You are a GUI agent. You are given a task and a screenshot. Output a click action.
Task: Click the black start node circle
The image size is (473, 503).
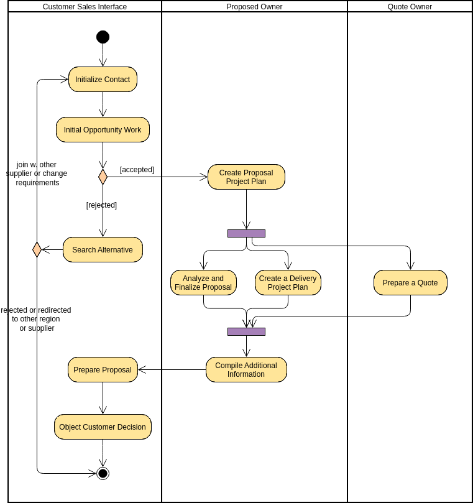coord(103,37)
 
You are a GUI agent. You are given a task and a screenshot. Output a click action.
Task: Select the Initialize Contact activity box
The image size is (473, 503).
coord(103,80)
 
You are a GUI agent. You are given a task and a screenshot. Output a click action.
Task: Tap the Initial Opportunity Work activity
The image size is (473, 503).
coord(103,130)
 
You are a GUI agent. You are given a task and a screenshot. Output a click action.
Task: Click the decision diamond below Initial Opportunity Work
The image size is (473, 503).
coord(103,177)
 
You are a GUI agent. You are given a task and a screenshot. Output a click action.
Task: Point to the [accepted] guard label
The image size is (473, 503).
coord(137,170)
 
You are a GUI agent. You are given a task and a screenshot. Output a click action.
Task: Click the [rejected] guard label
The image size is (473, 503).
coord(101,205)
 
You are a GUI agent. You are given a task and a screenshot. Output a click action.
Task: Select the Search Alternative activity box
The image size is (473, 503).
coord(103,250)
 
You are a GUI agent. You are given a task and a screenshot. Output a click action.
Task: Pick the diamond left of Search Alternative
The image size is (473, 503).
coord(37,250)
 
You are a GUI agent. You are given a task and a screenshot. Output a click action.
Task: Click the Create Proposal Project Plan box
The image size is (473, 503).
coord(246,177)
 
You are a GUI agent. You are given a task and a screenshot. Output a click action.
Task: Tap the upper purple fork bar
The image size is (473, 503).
coord(246,234)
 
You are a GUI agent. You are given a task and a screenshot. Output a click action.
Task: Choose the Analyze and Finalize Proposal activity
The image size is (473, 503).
coord(203,283)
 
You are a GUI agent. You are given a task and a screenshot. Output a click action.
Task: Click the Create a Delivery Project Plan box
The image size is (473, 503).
coord(288,283)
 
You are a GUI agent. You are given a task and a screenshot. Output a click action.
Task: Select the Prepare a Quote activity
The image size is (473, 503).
coord(410,283)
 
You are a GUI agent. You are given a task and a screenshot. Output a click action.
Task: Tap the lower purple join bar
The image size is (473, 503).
coord(246,332)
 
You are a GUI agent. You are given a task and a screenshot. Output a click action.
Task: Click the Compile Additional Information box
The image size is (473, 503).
coord(246,370)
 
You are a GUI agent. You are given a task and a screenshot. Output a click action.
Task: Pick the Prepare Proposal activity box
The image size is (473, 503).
coord(103,370)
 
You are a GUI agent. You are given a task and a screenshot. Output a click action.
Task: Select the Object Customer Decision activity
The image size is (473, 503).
coord(103,427)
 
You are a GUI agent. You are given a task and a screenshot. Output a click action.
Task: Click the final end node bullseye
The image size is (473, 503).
coord(103,474)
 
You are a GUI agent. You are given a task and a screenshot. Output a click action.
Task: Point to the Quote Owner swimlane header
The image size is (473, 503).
coord(410,7)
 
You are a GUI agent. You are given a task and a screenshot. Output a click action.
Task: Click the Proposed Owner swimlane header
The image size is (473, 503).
coord(254,7)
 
